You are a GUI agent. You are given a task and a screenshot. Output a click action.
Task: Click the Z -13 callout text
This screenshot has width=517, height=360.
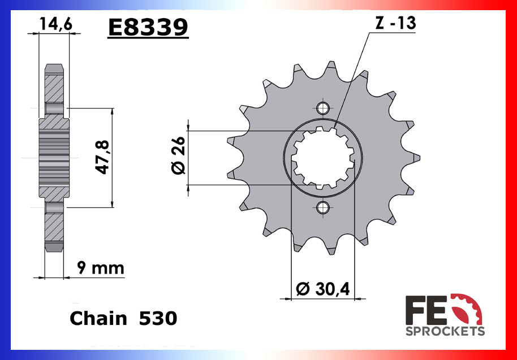[x=395, y=24]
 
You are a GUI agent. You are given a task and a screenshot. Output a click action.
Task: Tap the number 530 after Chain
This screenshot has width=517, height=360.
[x=158, y=318]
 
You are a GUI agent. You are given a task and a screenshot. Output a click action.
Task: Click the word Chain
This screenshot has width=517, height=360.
[x=98, y=318]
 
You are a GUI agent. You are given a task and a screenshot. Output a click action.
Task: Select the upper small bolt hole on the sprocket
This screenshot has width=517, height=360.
[x=323, y=108]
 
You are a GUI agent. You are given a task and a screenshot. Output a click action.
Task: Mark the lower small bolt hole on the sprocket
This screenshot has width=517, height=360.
[x=323, y=208]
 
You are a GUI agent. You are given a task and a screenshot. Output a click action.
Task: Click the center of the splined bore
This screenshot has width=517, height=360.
[x=323, y=158]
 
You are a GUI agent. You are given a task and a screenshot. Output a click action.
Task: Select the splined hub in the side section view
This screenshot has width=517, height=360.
[x=54, y=158]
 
